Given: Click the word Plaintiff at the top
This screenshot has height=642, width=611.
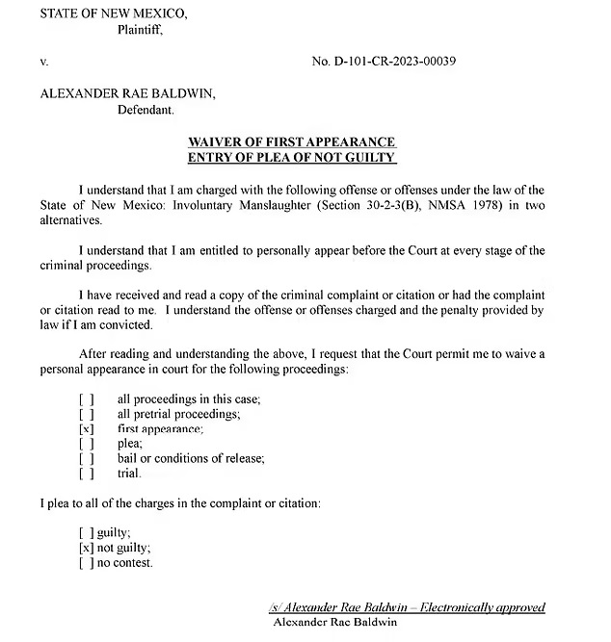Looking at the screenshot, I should click(140, 29).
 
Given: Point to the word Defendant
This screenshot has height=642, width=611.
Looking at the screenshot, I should click(146, 110).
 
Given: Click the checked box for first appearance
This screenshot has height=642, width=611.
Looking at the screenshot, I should click(87, 428).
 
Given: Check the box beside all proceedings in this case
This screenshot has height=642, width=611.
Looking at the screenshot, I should click(87, 398).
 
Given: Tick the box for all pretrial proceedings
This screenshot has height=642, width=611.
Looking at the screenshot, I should click(87, 414).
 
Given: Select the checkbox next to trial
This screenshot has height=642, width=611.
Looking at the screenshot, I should click(87, 473).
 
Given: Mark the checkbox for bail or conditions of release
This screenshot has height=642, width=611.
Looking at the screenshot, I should click(87, 458).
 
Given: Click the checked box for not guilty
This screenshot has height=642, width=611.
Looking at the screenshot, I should click(87, 548).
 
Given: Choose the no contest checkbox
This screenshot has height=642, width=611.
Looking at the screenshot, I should click(87, 562).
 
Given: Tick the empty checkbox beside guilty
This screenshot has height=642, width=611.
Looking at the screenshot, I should click(87, 532).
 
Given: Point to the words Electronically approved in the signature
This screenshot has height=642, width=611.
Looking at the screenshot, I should click(491, 607).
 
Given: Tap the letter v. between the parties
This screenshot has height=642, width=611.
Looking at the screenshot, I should click(44, 62).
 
